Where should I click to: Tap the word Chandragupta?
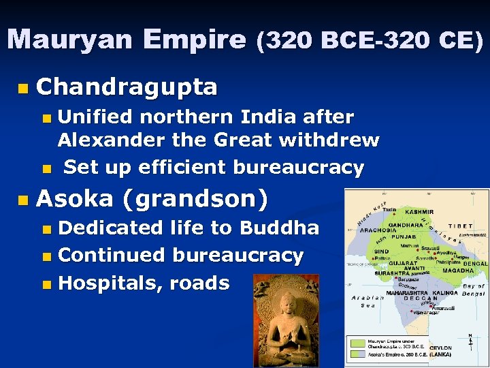127,87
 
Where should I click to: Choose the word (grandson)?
195,199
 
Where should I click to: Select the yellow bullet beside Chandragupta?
24,88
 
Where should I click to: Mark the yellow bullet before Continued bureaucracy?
46,257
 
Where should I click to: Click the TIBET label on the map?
460,226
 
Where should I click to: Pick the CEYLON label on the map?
440,348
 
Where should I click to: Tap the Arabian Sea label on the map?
367,302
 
